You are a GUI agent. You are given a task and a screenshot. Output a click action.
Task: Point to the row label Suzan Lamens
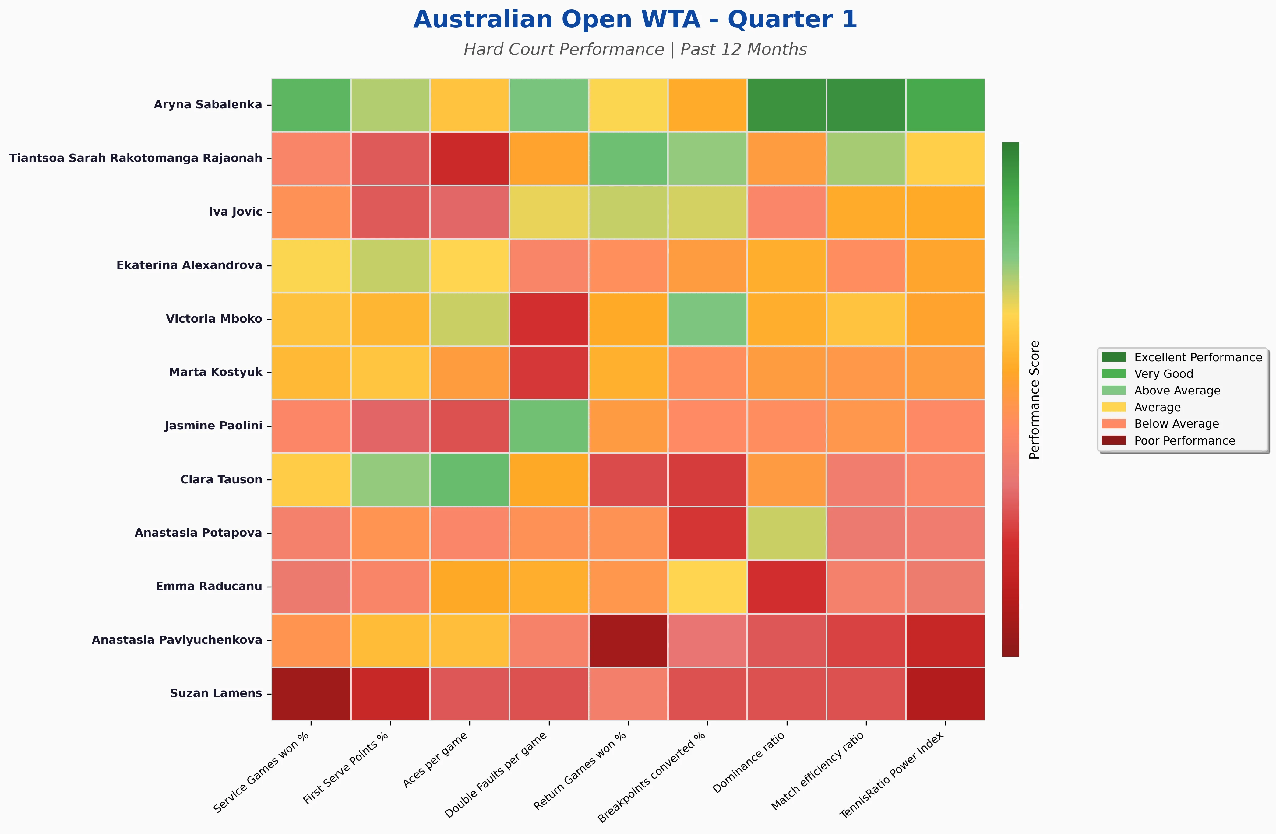tap(216, 693)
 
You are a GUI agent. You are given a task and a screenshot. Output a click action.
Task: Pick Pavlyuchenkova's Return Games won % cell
tap(628, 640)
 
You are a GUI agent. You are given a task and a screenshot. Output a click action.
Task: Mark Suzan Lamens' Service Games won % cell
tap(311, 694)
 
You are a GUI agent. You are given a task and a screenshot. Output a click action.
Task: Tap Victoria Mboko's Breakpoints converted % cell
tap(707, 319)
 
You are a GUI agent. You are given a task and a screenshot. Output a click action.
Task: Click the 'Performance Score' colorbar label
tap(1034, 399)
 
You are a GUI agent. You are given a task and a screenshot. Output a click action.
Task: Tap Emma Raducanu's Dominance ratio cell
tap(787, 586)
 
